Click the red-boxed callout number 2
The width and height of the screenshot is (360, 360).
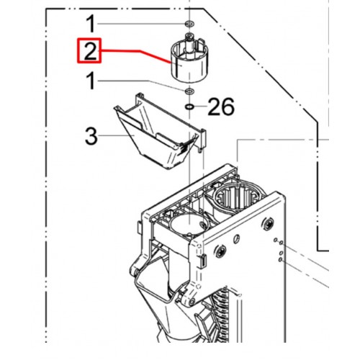90,51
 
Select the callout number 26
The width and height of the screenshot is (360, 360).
221,107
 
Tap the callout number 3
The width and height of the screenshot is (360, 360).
91,136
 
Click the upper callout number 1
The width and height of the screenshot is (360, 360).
91,24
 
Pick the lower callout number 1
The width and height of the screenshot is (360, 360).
91,81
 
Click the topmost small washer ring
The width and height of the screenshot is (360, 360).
189,24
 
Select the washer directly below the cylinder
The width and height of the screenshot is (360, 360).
189,91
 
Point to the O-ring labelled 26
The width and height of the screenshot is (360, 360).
189,107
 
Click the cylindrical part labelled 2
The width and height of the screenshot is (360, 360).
189,59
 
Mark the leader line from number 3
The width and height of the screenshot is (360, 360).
116,136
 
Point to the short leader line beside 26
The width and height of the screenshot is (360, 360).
200,106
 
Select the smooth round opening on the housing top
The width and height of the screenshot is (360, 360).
189,225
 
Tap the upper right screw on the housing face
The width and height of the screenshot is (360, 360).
268,224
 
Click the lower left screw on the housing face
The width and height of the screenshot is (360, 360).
220,251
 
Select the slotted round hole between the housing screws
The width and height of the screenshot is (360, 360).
237,238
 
